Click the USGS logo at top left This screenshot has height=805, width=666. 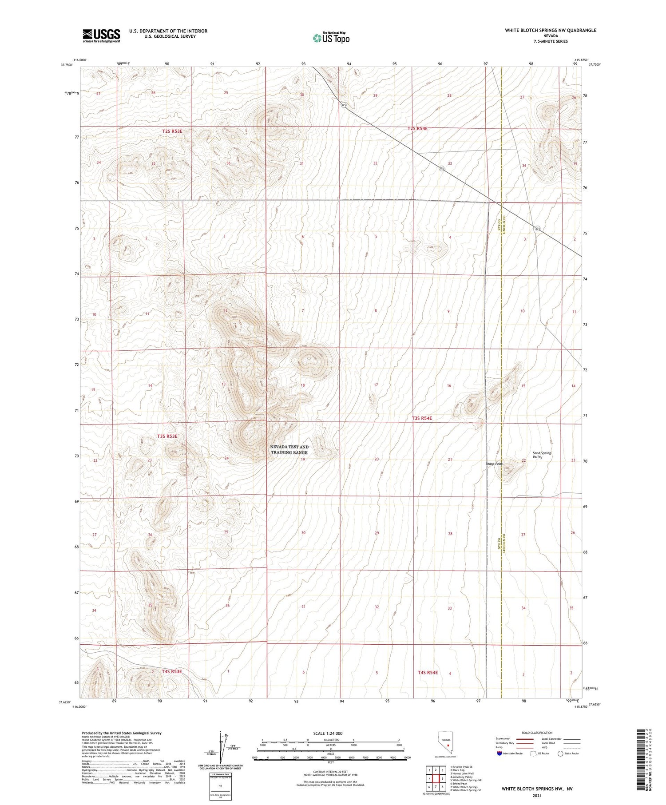(x=101, y=36)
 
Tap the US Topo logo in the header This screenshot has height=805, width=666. (x=331, y=38)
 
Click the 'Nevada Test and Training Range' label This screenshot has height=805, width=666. (x=289, y=449)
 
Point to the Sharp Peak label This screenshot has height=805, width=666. (x=493, y=464)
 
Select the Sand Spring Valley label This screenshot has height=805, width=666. (x=542, y=455)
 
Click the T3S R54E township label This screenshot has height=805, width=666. (x=422, y=418)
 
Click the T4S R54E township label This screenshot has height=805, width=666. (x=428, y=673)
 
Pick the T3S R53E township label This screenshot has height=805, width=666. (x=167, y=436)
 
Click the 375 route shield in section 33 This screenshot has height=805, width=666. (x=441, y=168)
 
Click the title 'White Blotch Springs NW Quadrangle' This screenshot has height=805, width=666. (x=550, y=30)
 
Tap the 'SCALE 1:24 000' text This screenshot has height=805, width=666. (x=328, y=733)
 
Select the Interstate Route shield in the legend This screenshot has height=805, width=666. (x=499, y=753)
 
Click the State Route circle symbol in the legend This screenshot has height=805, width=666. (x=561, y=753)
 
